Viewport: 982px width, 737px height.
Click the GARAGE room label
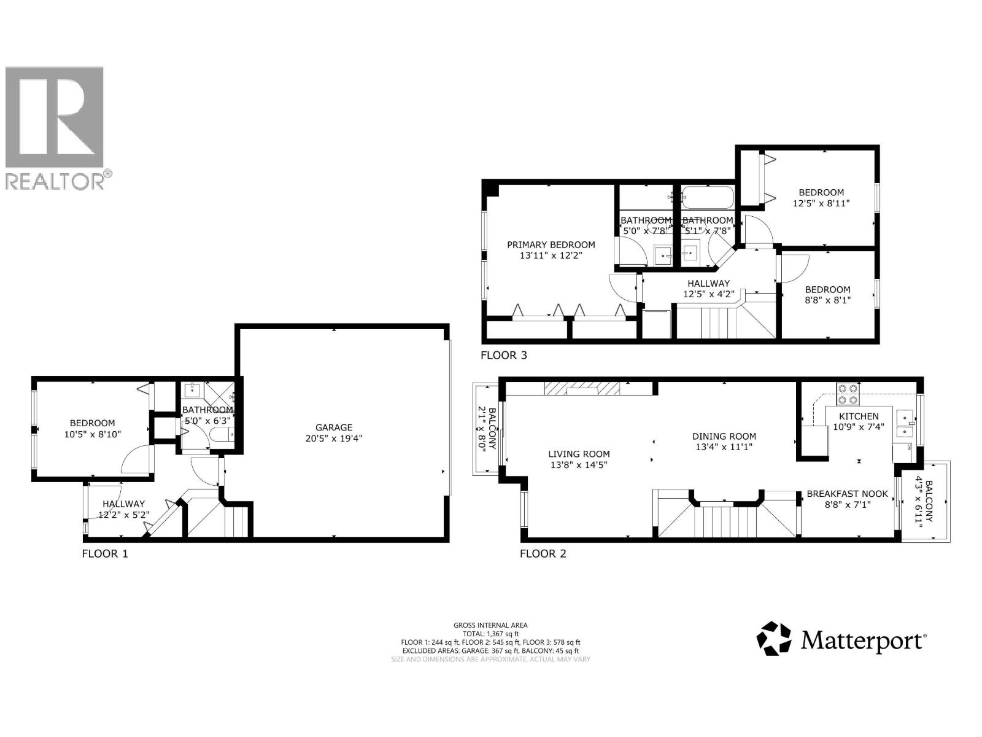coord(334,427)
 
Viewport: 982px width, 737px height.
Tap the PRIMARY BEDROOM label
coord(551,244)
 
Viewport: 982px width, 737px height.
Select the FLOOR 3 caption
coord(503,355)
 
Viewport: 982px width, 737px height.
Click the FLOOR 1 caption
coord(105,553)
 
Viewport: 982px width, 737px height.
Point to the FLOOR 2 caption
coord(543,553)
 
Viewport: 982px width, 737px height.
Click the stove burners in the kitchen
coord(848,394)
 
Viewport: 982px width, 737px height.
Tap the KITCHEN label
coord(859,416)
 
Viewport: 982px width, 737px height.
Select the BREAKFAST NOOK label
coord(847,494)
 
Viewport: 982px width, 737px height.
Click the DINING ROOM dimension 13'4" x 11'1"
coord(724,447)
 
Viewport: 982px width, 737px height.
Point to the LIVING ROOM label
coord(579,454)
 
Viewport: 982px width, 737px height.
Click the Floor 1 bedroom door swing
coord(135,461)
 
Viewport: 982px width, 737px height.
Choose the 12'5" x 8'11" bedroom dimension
coord(821,203)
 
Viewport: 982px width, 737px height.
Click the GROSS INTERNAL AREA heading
coord(490,625)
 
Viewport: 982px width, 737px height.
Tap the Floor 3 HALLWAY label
coord(708,283)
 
